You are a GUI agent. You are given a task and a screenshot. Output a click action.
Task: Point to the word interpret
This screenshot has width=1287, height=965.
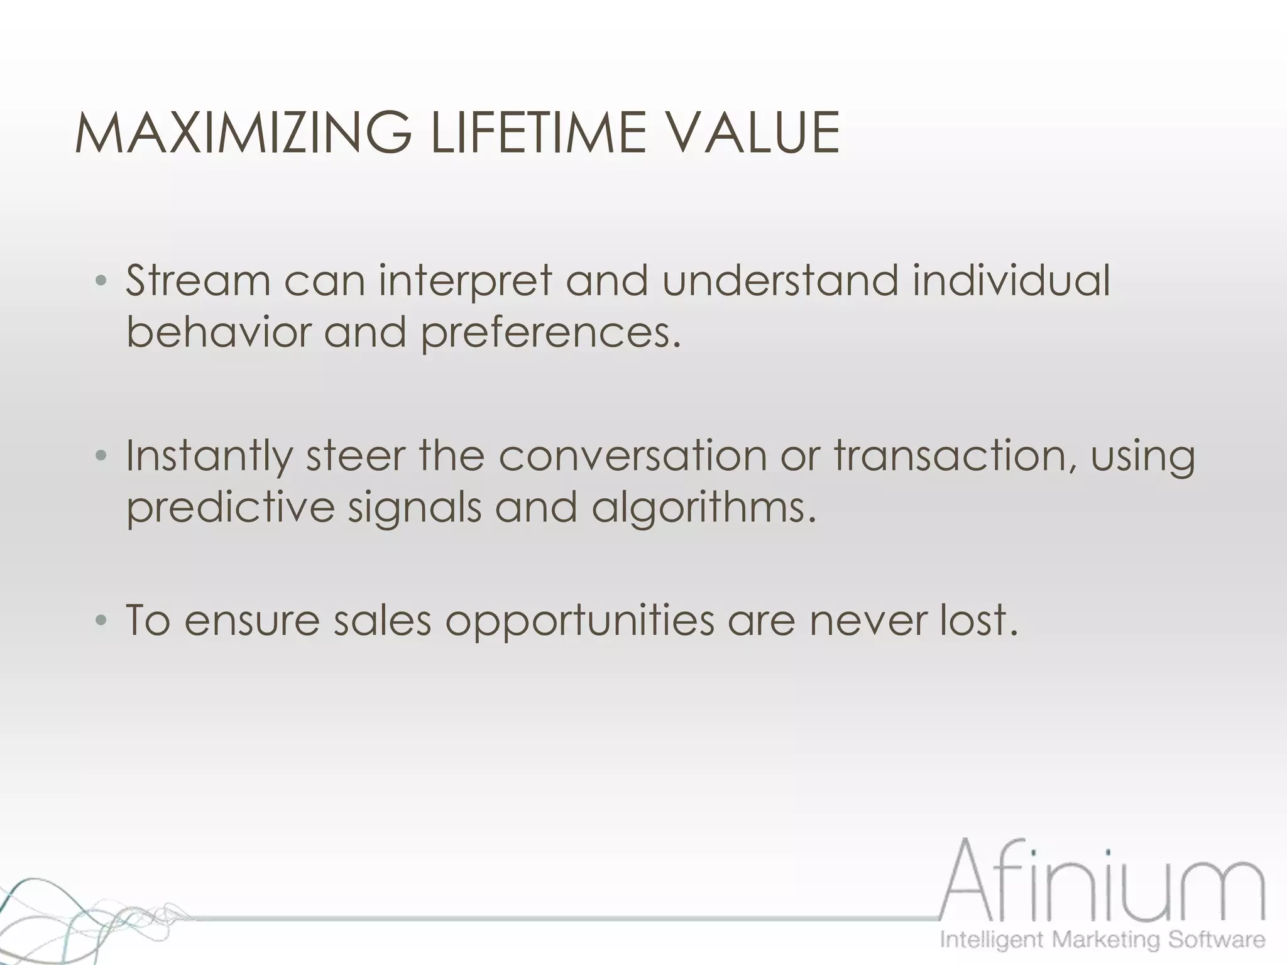pyautogui.click(x=465, y=281)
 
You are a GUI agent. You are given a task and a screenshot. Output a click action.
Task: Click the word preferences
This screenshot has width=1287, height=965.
pyautogui.click(x=550, y=333)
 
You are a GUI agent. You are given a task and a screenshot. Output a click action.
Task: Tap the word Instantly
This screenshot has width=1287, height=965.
pyautogui.click(x=209, y=456)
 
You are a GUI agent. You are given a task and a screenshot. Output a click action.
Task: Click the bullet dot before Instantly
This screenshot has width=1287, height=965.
pyautogui.click(x=101, y=456)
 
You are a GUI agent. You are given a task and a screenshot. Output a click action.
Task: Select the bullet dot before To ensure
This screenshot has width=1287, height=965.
pyautogui.click(x=101, y=621)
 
